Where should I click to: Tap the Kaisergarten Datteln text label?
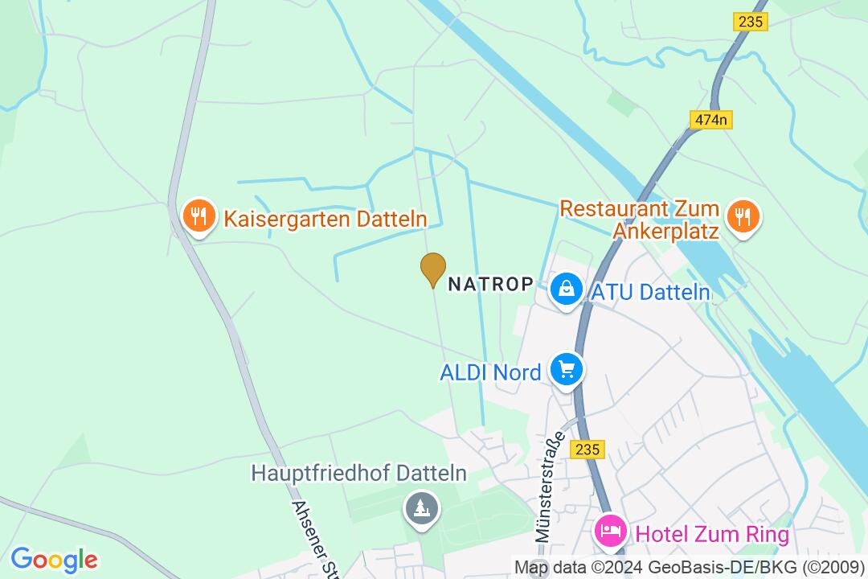325,219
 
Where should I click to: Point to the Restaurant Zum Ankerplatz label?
640,220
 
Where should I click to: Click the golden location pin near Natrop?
433,269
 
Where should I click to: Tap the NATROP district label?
490,284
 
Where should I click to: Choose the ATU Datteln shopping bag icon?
567,288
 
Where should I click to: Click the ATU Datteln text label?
651,292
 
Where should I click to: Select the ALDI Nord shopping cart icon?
567,369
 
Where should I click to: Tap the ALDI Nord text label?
490,373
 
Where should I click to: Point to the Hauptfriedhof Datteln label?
358,473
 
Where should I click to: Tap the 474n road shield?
710,120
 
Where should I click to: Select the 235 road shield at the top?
750,23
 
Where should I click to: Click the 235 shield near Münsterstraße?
588,450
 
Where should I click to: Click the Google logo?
54,560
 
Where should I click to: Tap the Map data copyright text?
690,567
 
